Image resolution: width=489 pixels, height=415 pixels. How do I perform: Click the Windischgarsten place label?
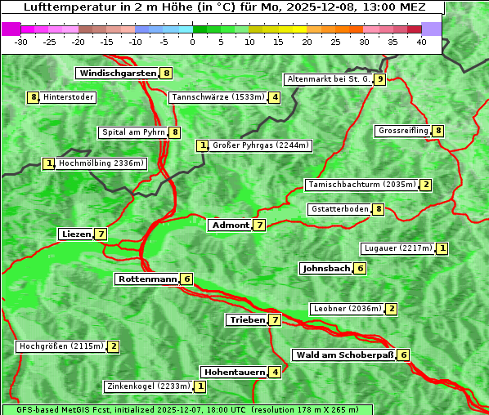tap(117, 74)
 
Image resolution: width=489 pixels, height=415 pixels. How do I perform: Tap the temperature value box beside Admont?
tap(259, 225)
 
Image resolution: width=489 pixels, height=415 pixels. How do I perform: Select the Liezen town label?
tap(76, 234)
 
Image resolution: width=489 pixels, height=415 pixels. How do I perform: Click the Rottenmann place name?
tap(147, 279)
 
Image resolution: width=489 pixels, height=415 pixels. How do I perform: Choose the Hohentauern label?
tap(235, 373)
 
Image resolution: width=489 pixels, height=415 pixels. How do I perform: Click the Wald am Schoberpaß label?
tap(344, 355)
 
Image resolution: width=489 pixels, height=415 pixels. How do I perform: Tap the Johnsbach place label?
tap(326, 269)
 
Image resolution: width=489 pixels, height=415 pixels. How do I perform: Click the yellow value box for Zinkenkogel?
tap(201, 386)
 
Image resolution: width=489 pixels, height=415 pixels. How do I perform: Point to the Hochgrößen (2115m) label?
tap(61, 346)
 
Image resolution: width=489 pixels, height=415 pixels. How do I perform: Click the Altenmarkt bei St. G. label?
tap(328, 79)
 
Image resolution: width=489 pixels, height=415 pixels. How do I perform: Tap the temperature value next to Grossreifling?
tap(439, 131)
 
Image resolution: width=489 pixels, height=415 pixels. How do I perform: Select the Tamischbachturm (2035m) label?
tap(361, 185)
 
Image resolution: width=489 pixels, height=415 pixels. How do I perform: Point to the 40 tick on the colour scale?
tap(421, 41)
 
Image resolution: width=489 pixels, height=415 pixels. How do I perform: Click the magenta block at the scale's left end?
tap(11, 29)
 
